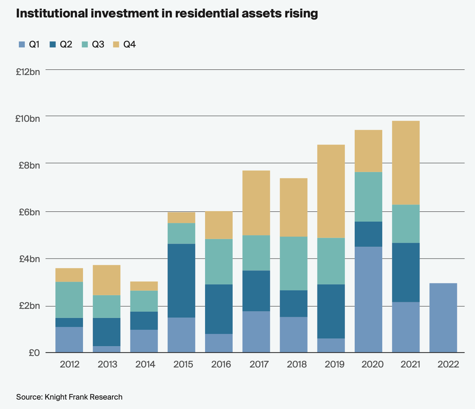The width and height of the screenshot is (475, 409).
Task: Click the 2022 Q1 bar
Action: click(x=443, y=318)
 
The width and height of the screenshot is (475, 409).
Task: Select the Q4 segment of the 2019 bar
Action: click(x=331, y=191)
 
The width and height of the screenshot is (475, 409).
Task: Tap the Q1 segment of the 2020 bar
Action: click(x=368, y=299)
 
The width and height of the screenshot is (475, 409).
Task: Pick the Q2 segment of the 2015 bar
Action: click(x=181, y=281)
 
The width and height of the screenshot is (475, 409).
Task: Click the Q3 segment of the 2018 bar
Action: click(x=294, y=263)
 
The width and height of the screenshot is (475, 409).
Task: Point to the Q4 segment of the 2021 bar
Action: click(x=406, y=163)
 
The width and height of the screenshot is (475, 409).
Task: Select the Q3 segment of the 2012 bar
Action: click(x=69, y=300)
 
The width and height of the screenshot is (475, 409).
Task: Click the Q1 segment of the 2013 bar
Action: click(x=106, y=349)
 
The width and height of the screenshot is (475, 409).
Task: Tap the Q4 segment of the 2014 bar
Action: click(x=144, y=286)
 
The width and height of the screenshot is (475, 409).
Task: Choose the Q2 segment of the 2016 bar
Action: click(x=219, y=309)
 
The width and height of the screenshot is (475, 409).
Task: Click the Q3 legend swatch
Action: click(x=85, y=44)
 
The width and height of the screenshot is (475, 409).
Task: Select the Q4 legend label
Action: click(x=130, y=44)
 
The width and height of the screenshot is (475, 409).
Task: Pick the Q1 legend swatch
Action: click(x=22, y=44)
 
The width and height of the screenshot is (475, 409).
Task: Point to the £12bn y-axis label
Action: click(x=28, y=72)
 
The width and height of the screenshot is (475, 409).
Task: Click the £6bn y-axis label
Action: click(x=29, y=212)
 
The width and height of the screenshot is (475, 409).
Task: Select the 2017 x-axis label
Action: click(x=259, y=364)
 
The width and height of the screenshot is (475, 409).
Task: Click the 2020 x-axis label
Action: click(x=372, y=364)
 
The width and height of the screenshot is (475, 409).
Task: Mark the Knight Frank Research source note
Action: click(x=69, y=397)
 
